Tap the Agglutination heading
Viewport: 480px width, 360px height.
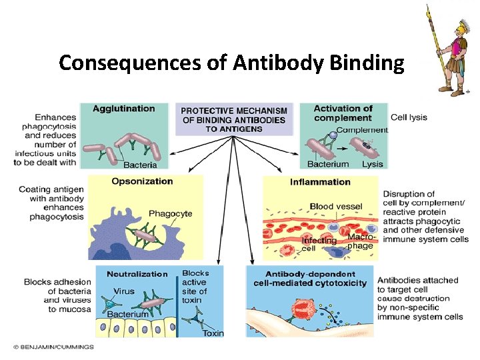(123, 109)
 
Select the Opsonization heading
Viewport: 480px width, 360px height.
(142, 181)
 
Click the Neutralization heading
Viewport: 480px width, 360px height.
(137, 273)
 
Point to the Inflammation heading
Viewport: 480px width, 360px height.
(320, 182)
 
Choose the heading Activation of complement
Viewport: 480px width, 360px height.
(343, 113)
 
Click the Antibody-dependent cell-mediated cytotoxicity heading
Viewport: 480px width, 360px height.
(310, 278)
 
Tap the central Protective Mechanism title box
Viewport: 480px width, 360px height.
(234, 119)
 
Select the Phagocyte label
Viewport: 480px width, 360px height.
(170, 213)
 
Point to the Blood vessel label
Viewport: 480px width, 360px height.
(336, 207)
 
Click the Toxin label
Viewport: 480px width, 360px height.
(213, 333)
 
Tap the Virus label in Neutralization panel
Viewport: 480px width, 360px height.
(124, 291)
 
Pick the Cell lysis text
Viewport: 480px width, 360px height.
(409, 117)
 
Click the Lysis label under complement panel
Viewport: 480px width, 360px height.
(372, 164)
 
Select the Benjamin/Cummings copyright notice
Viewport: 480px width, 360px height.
(53, 347)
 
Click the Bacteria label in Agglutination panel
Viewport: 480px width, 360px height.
(140, 165)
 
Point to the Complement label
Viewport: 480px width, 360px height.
(361, 130)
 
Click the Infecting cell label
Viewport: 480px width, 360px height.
(319, 244)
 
